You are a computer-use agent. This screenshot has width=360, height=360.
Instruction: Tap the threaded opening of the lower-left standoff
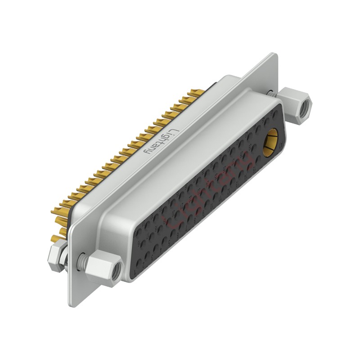[x=116, y=270]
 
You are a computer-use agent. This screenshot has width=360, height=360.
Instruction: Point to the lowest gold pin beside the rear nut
[x=55, y=238]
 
